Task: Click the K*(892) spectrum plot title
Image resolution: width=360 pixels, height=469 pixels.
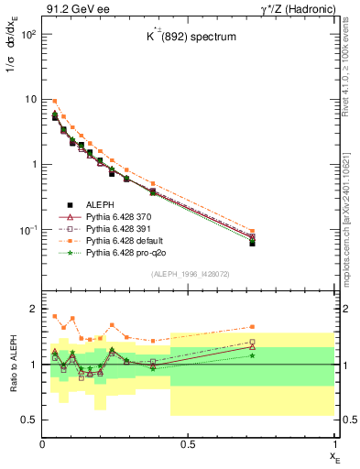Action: coord(189,37)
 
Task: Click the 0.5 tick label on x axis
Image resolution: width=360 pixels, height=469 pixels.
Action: coord(188,444)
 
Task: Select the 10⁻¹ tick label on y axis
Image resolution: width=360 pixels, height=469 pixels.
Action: coord(27,230)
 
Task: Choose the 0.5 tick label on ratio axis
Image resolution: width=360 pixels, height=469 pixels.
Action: coord(27,420)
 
